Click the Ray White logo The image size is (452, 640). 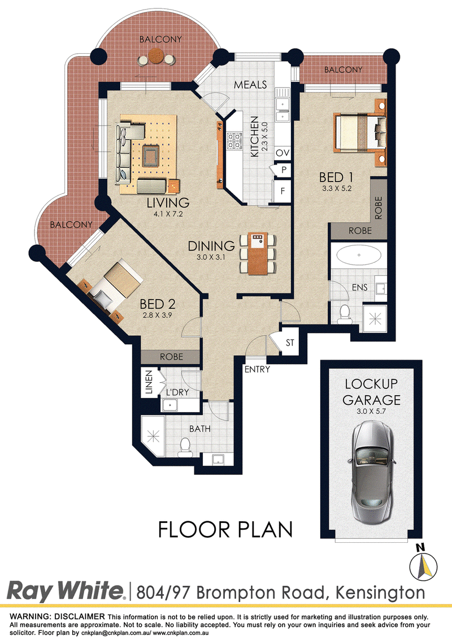click(66, 591)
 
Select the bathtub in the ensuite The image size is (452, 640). click(359, 255)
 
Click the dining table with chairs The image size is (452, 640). click(258, 253)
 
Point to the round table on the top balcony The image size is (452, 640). click(155, 56)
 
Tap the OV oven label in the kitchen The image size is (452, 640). click(282, 153)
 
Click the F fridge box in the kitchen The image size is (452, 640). click(282, 191)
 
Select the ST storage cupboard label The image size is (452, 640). click(290, 343)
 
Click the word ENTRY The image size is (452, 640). click(257, 369)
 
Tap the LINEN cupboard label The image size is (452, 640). click(149, 382)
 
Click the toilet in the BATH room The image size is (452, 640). click(185, 447)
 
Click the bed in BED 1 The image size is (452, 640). click(360, 132)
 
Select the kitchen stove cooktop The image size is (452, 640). click(234, 140)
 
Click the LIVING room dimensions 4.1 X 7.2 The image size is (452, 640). click(168, 214)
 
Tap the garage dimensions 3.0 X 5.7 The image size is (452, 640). click(371, 412)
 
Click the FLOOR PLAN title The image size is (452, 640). click(225, 529)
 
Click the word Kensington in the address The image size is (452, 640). click(380, 593)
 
